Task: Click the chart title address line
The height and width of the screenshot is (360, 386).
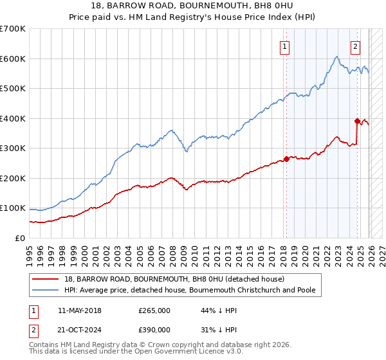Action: click(192, 6)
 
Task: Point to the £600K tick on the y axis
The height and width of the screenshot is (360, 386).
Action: click(13, 59)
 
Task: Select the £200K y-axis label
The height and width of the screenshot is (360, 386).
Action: click(13, 178)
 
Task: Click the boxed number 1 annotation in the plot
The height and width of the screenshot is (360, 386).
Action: click(284, 46)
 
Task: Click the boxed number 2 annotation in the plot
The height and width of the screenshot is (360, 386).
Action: click(355, 46)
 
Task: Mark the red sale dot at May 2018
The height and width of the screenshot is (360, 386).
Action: click(286, 159)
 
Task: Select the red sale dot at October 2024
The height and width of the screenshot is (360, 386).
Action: click(357, 121)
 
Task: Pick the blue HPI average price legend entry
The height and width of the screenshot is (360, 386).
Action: click(190, 291)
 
